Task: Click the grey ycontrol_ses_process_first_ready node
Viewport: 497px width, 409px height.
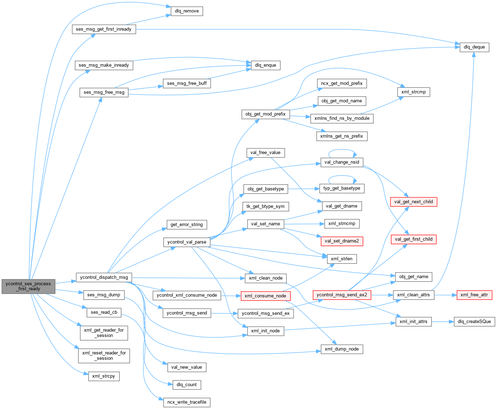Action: (29, 286)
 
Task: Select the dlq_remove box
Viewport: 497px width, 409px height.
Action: (187, 11)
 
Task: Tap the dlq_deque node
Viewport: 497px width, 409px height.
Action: (474, 47)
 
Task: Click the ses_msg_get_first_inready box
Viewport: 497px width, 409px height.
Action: (104, 29)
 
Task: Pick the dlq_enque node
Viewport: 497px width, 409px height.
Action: (265, 65)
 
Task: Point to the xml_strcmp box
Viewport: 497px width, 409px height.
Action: (413, 92)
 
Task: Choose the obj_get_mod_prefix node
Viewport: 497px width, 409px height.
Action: (265, 114)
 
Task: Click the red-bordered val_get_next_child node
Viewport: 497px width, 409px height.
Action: (413, 202)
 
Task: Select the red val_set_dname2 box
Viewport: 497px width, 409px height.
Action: (342, 241)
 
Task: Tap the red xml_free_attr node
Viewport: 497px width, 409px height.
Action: (474, 295)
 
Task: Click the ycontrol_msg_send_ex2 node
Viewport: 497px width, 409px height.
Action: (342, 295)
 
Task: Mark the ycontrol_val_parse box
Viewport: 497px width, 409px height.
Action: (187, 242)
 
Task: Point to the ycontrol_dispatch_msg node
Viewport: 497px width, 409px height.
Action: (104, 277)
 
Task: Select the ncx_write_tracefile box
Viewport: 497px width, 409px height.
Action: (187, 402)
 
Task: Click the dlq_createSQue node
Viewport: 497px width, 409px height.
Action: (474, 322)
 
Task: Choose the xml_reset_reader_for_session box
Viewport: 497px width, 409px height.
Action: (104, 356)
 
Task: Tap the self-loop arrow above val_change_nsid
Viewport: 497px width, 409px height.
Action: (342, 150)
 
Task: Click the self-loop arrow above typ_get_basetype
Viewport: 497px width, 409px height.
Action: (342, 176)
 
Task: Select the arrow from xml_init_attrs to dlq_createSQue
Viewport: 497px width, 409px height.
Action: (442, 322)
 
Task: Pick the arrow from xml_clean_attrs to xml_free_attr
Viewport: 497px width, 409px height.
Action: (445, 295)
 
